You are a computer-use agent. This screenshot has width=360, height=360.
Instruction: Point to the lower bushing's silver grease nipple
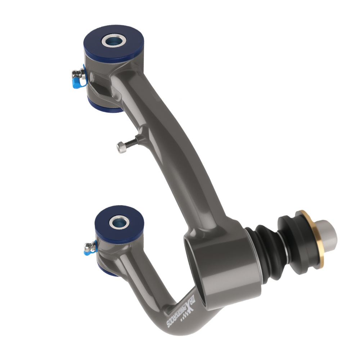[x=89, y=247]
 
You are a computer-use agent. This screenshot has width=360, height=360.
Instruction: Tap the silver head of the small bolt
[x=122, y=147]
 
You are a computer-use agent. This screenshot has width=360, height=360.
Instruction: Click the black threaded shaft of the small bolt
[x=132, y=141]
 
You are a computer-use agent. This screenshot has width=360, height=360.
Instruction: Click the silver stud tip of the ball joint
[x=328, y=232]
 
